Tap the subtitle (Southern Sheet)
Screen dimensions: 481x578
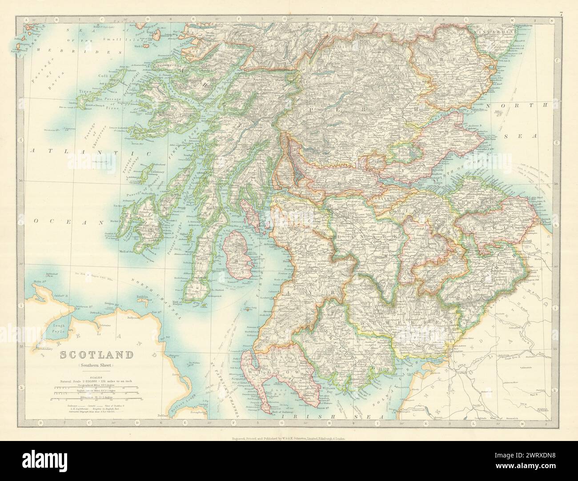[x=94, y=365]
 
